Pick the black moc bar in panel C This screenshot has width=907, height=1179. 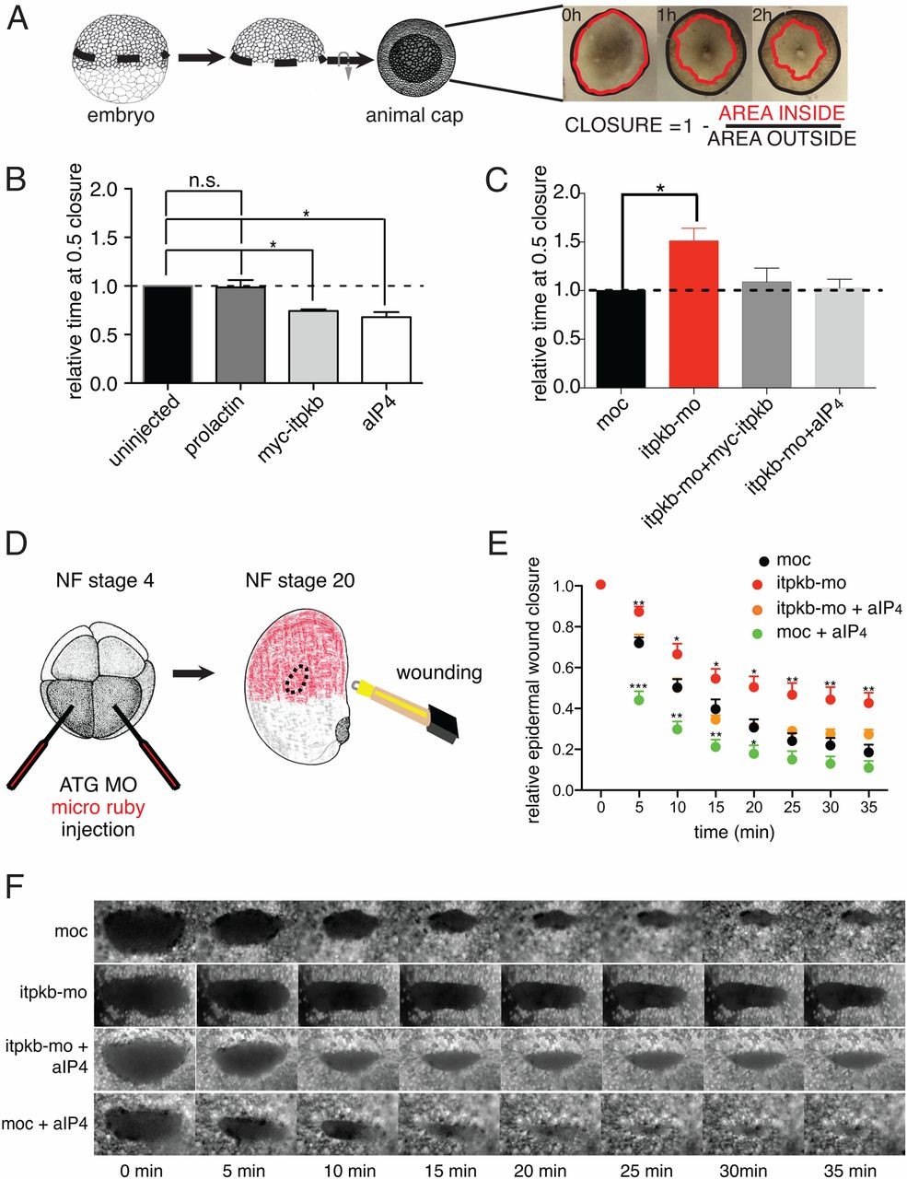point(621,338)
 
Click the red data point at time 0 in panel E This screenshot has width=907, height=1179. point(600,585)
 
